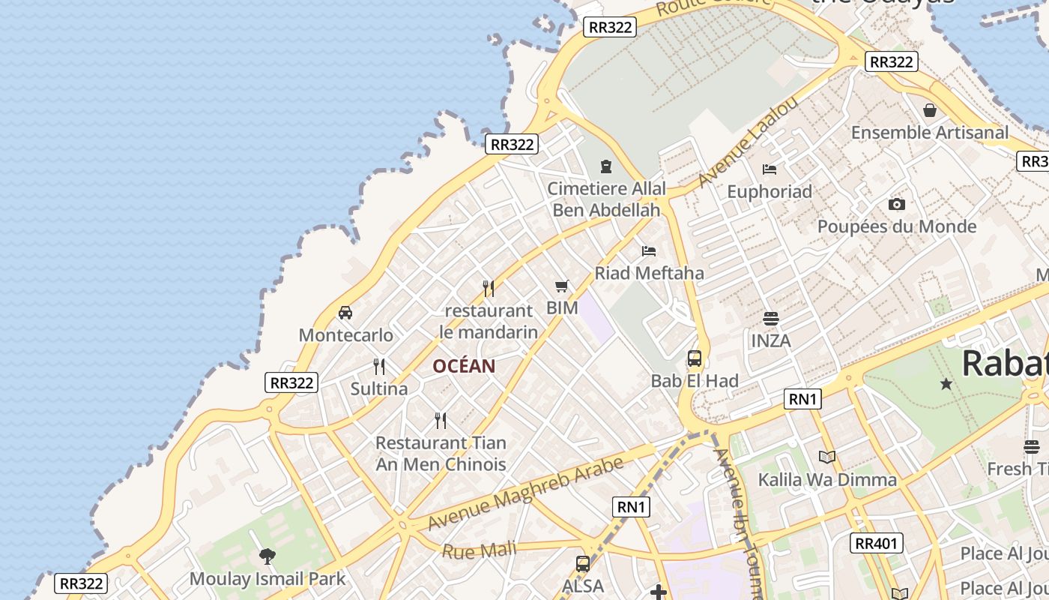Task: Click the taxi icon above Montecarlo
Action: pyautogui.click(x=345, y=313)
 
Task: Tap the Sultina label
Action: pyautogui.click(x=379, y=388)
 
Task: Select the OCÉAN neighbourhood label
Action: pyautogui.click(x=464, y=366)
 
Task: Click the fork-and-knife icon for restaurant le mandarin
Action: pyautogui.click(x=489, y=288)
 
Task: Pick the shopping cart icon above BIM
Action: pyautogui.click(x=562, y=286)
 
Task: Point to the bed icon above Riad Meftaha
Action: pyautogui.click(x=649, y=250)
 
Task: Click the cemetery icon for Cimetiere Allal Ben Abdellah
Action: pyautogui.click(x=606, y=166)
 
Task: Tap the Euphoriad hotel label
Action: pyautogui.click(x=770, y=191)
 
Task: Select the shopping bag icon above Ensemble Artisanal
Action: pyautogui.click(x=930, y=110)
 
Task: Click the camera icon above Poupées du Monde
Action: pyautogui.click(x=896, y=204)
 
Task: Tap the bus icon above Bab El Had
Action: pyautogui.click(x=695, y=358)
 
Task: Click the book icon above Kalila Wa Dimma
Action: pyautogui.click(x=827, y=457)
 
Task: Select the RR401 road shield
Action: pyautogui.click(x=876, y=542)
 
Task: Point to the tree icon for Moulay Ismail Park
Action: pyautogui.click(x=267, y=556)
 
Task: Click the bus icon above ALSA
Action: pyautogui.click(x=583, y=564)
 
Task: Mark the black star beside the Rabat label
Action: pyautogui.click(x=946, y=384)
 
